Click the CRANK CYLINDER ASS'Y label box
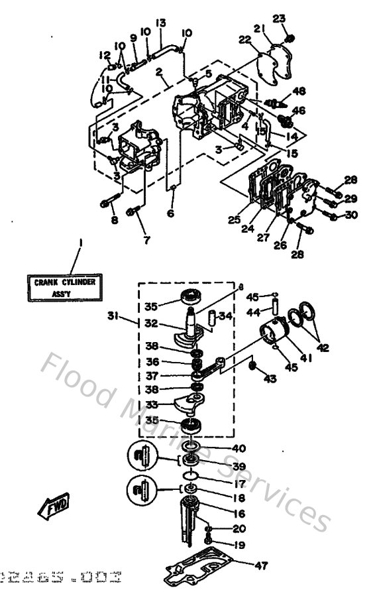click(65, 286)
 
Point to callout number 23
click(279, 18)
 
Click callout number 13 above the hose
click(161, 23)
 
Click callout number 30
click(352, 214)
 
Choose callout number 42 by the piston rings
click(324, 346)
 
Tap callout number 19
click(239, 545)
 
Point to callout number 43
click(271, 379)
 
